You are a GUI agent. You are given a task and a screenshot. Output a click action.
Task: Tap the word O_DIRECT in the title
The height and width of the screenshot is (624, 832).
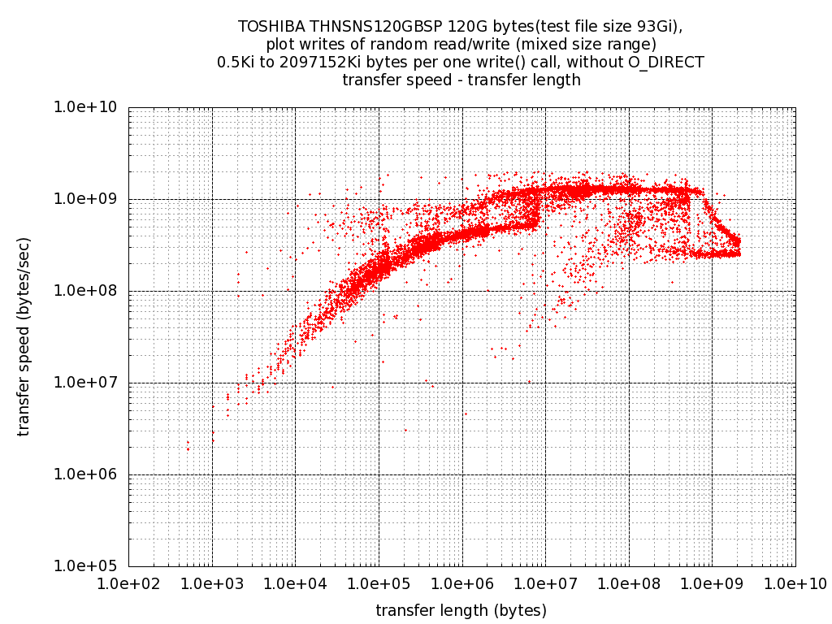pyautogui.click(x=667, y=62)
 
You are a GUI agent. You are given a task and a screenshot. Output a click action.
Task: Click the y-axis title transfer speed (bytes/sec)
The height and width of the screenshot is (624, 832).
pyautogui.click(x=24, y=336)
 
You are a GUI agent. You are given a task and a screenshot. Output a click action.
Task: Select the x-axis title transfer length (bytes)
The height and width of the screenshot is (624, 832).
pyautogui.click(x=461, y=610)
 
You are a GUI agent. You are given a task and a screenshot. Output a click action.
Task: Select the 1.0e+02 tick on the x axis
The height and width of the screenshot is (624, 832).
pyautogui.click(x=128, y=583)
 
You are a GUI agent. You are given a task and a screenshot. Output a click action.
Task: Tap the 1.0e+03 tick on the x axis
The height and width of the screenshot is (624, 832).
pyautogui.click(x=212, y=583)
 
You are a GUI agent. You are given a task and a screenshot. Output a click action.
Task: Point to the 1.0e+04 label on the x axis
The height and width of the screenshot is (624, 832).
pyautogui.click(x=295, y=583)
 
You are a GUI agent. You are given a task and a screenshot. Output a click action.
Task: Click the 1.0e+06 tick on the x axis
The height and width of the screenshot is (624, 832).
pyautogui.click(x=461, y=583)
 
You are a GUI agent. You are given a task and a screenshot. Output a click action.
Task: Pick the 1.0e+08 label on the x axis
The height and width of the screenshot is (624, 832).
pyautogui.click(x=628, y=583)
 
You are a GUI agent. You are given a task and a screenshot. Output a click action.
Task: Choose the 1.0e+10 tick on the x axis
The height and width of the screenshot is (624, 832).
pyautogui.click(x=795, y=583)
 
